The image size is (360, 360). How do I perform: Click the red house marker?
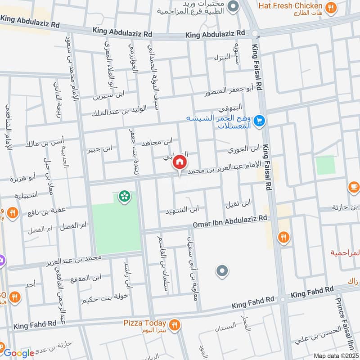[x=180, y=162]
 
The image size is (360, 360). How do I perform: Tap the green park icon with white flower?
[x=122, y=196]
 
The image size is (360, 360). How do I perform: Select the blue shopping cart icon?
[x=259, y=121]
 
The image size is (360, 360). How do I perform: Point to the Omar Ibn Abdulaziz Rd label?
[x=230, y=220]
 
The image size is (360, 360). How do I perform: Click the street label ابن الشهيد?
[x=182, y=210]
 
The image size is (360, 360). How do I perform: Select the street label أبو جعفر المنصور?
[x=227, y=92]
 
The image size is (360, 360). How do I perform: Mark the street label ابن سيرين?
[x=109, y=95]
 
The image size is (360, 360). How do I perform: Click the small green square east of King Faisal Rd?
[x=325, y=165]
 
